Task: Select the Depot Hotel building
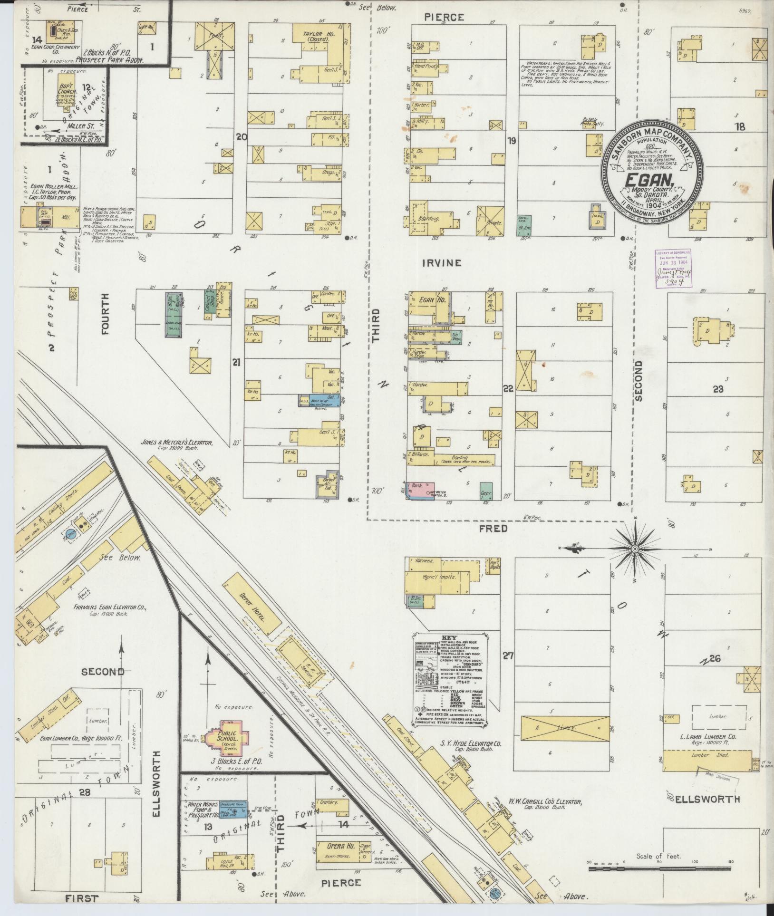point(250,604)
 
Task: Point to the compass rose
point(634,549)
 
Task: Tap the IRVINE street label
point(442,262)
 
